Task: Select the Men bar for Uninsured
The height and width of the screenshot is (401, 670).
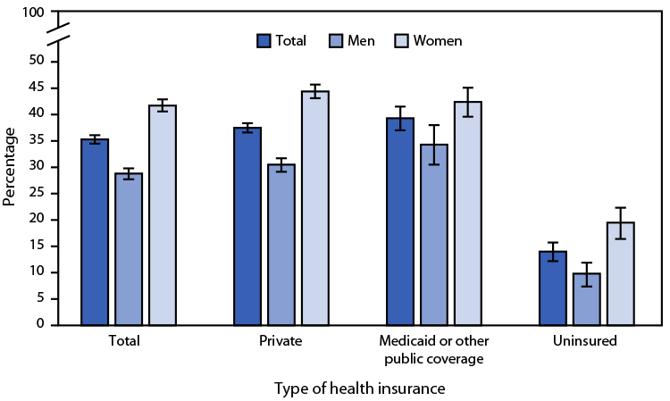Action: point(586,299)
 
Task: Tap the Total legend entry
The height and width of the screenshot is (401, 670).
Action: point(281,41)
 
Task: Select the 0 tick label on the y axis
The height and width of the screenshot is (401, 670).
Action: point(40,325)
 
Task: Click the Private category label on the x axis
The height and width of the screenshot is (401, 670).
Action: point(281,340)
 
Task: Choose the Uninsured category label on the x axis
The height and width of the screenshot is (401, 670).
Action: point(585,340)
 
